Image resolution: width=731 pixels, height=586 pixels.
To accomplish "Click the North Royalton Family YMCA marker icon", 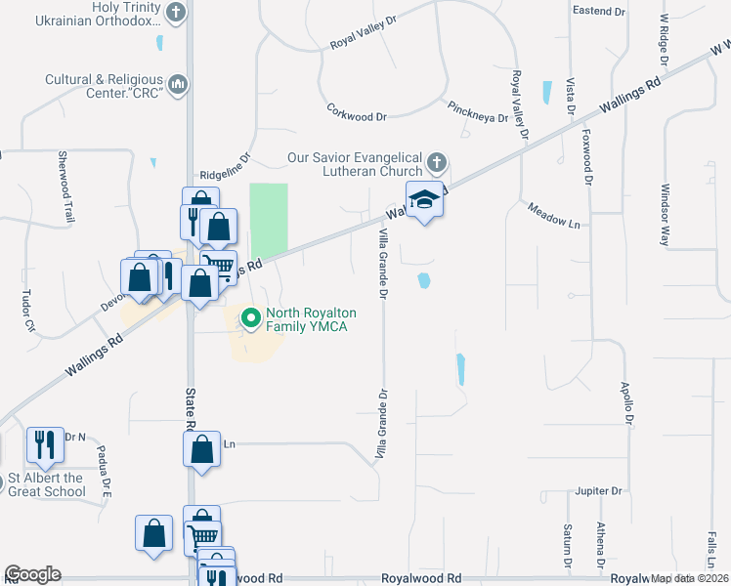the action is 250,317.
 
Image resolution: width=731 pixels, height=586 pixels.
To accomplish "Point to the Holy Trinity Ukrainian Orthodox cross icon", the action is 176,13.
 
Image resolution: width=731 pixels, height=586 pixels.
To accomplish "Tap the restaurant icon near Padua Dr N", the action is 45,444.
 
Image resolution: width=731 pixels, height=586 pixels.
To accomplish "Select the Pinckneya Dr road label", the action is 477,111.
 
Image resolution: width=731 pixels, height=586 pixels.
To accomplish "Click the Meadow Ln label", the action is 553,215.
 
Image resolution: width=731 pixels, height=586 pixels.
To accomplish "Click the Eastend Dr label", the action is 598,12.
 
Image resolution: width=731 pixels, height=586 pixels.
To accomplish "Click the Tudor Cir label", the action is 27,311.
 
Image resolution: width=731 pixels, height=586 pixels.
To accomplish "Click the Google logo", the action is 32,574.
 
